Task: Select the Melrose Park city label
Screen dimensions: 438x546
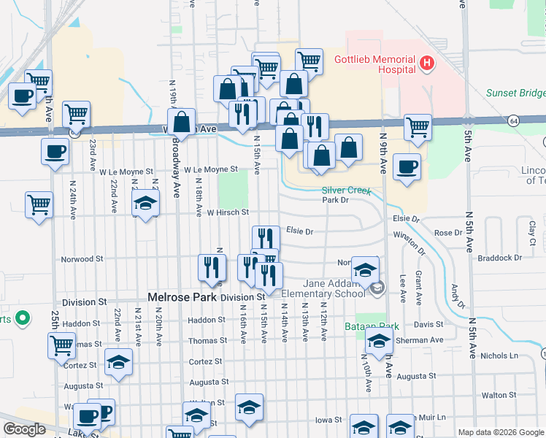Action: (x=180, y=297)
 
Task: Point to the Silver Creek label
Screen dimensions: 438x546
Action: (x=347, y=191)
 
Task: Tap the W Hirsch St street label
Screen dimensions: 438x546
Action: (x=228, y=212)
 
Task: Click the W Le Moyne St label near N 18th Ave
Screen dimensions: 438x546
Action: (x=211, y=169)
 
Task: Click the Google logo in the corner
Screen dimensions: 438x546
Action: (x=24, y=429)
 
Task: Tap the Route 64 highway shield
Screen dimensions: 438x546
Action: (x=515, y=120)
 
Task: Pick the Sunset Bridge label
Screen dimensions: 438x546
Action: (x=515, y=93)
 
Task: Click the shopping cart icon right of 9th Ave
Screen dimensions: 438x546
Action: (x=418, y=127)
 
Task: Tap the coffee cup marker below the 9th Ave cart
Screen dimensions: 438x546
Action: (x=406, y=166)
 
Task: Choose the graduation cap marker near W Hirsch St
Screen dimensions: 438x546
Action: (x=146, y=204)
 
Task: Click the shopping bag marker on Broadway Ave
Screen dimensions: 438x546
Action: (x=182, y=121)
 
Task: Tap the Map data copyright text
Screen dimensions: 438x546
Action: (x=500, y=432)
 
